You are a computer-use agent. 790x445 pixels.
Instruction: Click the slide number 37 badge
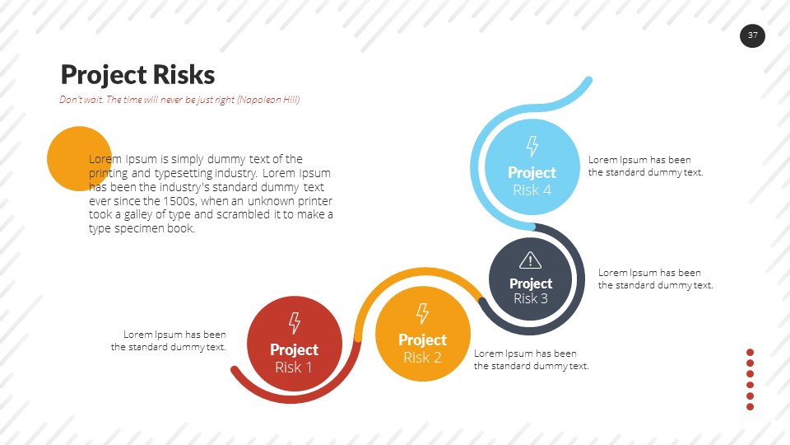click(752, 35)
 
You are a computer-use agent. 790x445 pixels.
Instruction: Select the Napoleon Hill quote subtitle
click(179, 100)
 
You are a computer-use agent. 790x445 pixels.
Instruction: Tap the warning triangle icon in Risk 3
click(531, 260)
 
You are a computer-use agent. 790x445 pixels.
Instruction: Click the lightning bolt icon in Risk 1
click(294, 323)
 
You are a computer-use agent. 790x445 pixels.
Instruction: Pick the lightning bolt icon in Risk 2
click(422, 313)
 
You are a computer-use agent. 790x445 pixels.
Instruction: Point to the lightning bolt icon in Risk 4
click(532, 147)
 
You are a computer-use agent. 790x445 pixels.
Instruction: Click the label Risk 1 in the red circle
click(294, 368)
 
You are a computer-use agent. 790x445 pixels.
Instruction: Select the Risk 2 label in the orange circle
click(422, 358)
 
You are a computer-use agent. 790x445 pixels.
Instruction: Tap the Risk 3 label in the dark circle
click(531, 298)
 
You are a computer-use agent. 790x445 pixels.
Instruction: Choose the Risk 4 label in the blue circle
click(532, 190)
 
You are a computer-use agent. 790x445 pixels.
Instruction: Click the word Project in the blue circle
click(532, 172)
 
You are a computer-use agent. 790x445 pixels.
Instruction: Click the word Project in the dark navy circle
click(531, 283)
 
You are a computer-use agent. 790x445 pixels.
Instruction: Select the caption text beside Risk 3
click(655, 279)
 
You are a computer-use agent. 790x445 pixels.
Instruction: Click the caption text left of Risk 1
click(169, 340)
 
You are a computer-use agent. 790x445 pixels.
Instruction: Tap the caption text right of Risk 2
click(531, 359)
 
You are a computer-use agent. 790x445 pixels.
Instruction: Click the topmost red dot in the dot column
click(750, 353)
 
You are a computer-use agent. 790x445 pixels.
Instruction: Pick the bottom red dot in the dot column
click(750, 406)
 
